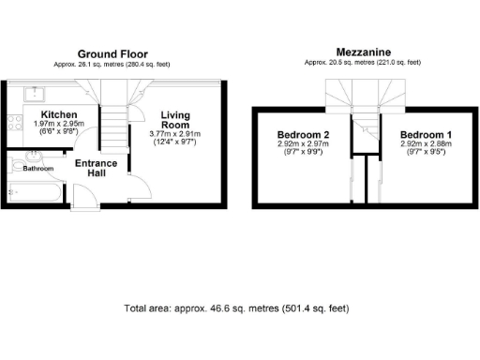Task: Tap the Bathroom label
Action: tap(37, 169)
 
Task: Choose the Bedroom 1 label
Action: tap(425, 135)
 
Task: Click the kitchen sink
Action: tap(35, 93)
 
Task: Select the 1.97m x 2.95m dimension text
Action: tap(59, 124)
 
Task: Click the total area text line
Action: tap(240, 307)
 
